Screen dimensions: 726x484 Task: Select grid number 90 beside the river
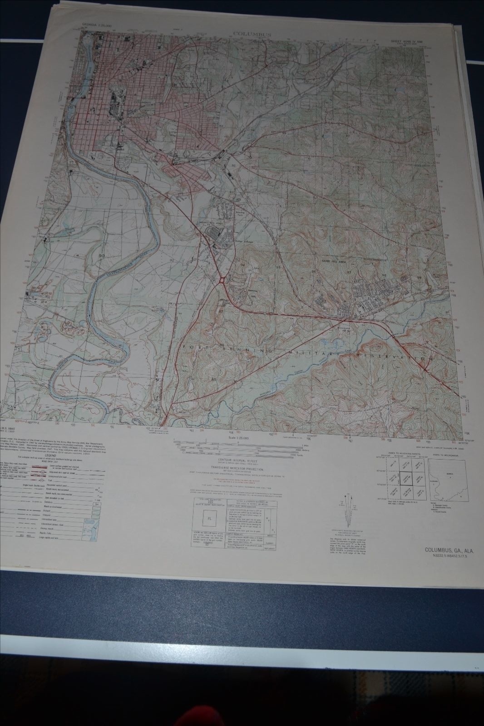click(100, 257)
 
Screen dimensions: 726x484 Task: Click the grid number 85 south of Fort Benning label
click(212, 379)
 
